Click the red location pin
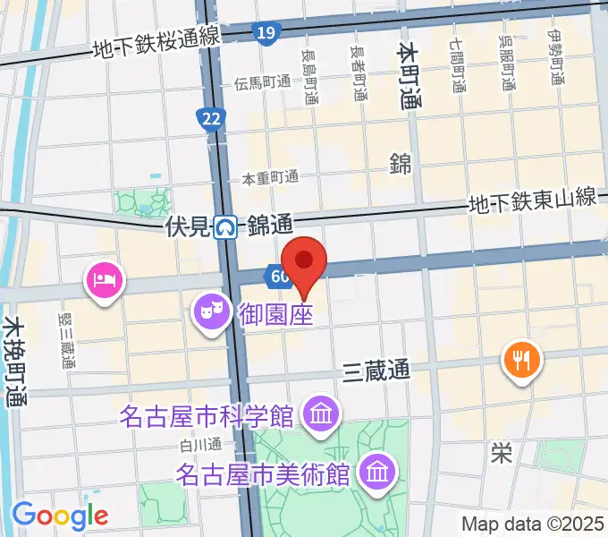(x=305, y=262)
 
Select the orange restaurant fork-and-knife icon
(x=522, y=360)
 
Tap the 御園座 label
(x=275, y=314)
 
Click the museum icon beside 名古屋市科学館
(x=318, y=414)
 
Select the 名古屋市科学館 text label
(x=209, y=416)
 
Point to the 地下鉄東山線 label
(x=534, y=201)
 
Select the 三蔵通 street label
(x=376, y=371)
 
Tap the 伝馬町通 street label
(x=263, y=82)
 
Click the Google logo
(x=60, y=515)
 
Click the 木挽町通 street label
(x=14, y=362)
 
